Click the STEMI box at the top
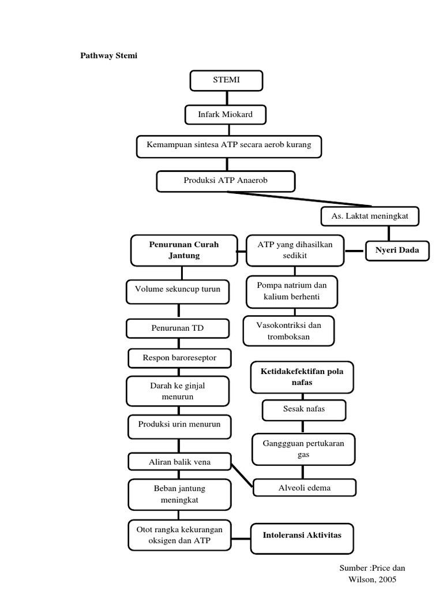(x=226, y=80)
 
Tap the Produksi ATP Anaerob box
(x=226, y=181)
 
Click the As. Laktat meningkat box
(x=370, y=216)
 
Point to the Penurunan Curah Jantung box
(x=184, y=250)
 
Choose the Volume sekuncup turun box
(x=178, y=290)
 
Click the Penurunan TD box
(x=178, y=328)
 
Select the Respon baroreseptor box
(x=179, y=358)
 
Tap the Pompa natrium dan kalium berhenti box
(x=291, y=291)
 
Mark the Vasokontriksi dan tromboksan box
(x=288, y=330)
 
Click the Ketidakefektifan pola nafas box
(x=302, y=377)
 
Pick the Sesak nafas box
(x=305, y=410)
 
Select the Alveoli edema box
(x=305, y=488)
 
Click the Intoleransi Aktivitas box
(x=302, y=535)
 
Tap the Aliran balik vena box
(x=179, y=461)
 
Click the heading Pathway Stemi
(x=108, y=56)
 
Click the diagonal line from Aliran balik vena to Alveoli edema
(x=242, y=474)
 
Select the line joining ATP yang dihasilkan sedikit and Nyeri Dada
(x=356, y=250)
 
